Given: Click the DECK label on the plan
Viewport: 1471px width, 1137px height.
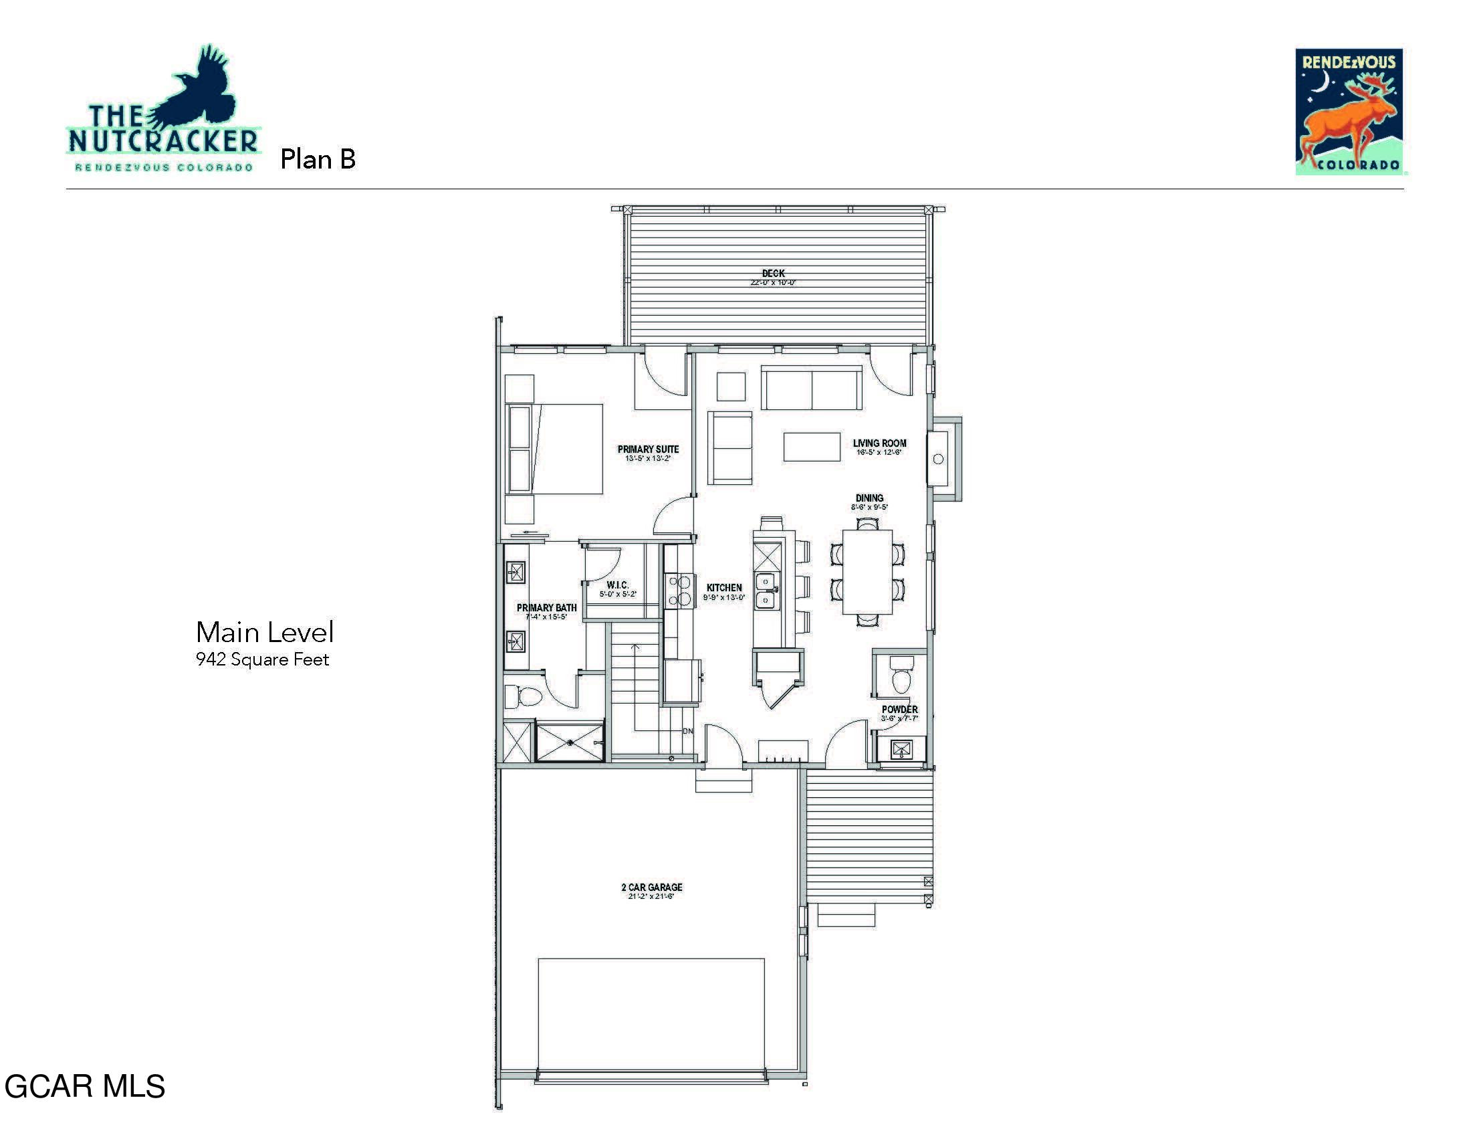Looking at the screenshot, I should click(773, 274).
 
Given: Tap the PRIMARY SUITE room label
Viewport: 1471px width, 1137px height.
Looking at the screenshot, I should click(648, 449).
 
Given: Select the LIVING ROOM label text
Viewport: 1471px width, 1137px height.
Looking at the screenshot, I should click(879, 443).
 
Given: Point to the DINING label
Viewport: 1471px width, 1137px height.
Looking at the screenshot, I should click(869, 498).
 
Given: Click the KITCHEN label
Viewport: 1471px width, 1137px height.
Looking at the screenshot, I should click(724, 588).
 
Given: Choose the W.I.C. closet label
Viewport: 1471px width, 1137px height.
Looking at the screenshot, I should click(617, 585).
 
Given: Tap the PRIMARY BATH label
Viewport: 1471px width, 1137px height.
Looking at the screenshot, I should click(546, 608).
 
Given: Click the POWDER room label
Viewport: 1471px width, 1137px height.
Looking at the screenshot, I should click(899, 709).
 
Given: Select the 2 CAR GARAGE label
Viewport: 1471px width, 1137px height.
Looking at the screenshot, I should click(651, 888).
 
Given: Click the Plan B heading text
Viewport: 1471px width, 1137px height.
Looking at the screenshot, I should click(317, 160).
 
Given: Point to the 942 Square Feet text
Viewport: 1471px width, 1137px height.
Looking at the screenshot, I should click(262, 659).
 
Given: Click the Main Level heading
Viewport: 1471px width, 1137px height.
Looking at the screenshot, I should click(265, 633).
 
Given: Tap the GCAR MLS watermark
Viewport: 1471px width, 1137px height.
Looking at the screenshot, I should click(85, 1086).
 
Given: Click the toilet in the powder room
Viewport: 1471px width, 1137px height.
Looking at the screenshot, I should click(901, 676).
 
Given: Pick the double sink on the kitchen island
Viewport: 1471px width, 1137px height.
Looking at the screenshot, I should click(766, 591).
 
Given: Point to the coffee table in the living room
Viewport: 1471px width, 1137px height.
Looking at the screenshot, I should click(812, 447).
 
